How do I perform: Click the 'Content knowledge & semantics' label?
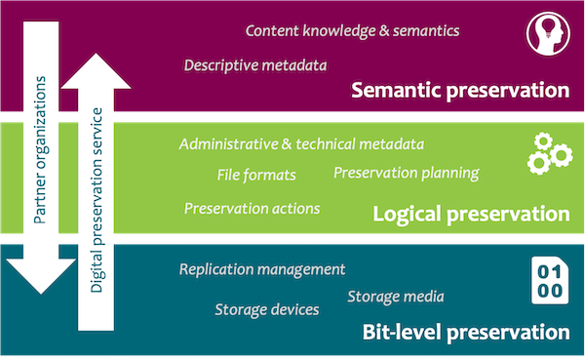click(352, 30)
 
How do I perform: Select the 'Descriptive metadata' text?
click(255, 65)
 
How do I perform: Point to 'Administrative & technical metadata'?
click(301, 144)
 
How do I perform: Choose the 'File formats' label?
click(256, 176)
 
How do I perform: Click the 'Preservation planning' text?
click(406, 174)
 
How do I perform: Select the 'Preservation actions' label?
click(252, 208)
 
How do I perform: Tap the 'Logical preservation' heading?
click(470, 213)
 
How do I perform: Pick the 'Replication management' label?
click(262, 268)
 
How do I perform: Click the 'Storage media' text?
click(396, 296)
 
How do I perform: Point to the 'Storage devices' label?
click(266, 309)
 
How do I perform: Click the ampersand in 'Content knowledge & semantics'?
click(382, 30)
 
